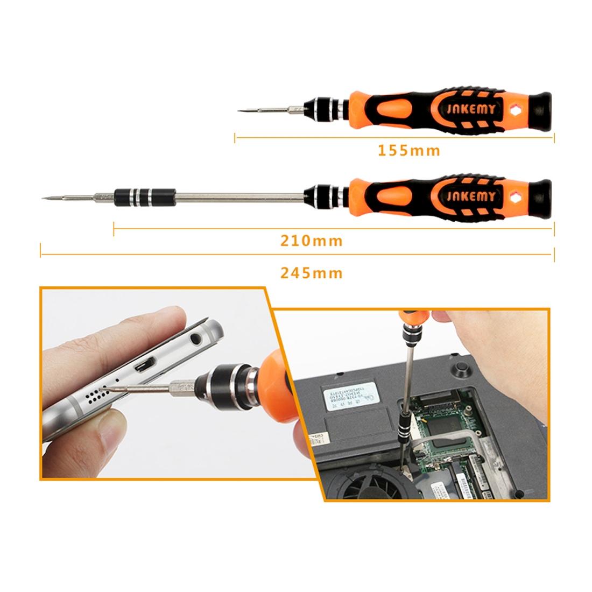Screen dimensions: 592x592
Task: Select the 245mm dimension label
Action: (311, 273)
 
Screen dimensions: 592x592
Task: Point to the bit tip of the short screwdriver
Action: (240, 111)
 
